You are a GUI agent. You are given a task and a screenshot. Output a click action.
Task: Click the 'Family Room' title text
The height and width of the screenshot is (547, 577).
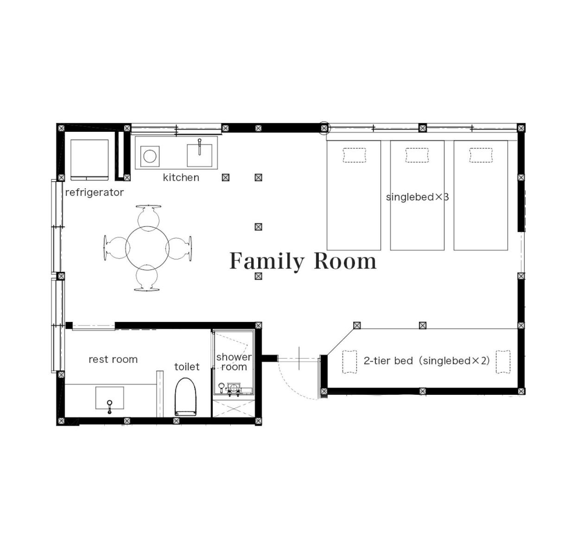point(303,261)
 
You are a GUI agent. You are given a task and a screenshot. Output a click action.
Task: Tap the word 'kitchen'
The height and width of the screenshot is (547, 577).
point(181,178)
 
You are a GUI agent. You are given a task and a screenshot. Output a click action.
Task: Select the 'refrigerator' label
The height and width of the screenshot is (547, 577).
point(94,193)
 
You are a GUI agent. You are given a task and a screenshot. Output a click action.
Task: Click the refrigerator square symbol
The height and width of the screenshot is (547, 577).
point(89,160)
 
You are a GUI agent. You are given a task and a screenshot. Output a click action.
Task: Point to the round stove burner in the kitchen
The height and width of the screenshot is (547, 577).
point(150,156)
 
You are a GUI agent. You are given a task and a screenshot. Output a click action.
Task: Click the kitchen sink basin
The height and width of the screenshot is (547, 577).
point(200,155)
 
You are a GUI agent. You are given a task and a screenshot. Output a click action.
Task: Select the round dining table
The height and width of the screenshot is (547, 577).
point(147,248)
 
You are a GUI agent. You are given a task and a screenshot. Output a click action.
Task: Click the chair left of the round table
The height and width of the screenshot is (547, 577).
point(116,248)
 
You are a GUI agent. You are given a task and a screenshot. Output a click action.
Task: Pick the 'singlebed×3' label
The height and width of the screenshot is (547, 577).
point(417,197)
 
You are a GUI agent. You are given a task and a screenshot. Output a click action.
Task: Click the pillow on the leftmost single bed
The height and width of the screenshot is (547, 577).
point(354,155)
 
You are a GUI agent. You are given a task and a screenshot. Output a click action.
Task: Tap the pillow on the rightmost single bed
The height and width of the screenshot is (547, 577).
point(481,155)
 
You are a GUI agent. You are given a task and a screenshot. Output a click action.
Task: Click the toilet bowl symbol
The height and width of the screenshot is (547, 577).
point(185,397)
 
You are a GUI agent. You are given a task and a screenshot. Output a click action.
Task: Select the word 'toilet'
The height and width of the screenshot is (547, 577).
point(187,367)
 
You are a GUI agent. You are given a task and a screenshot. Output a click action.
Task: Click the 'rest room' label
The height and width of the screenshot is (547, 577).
point(113,359)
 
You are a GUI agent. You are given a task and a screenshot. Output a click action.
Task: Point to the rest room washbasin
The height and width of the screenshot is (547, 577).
point(109,398)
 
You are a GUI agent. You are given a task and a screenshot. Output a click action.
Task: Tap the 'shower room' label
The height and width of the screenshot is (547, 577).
point(234,362)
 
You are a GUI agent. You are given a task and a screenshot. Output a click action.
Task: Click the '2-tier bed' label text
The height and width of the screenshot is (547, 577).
point(388,360)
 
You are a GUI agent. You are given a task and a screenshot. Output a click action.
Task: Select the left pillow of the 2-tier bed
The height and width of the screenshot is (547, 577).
point(349,362)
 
